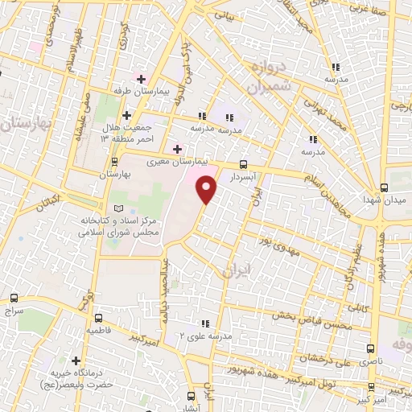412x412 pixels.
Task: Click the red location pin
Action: point(207,189)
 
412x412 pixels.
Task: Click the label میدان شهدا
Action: point(381,198)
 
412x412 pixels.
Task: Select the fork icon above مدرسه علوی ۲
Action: point(205,323)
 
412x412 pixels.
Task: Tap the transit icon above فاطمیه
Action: point(98,317)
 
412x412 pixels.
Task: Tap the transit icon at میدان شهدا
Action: point(391,187)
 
